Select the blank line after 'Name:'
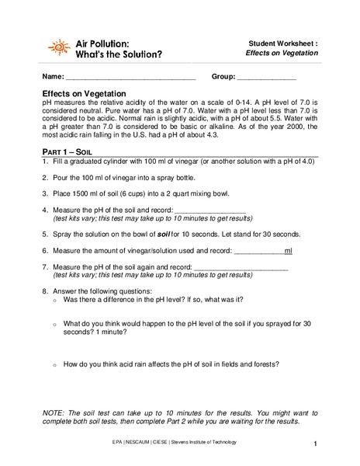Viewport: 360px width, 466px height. click(x=130, y=78)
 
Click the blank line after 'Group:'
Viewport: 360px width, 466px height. click(x=265, y=78)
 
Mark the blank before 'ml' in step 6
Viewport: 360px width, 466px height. click(x=258, y=251)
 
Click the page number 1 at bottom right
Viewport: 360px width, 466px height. click(x=317, y=444)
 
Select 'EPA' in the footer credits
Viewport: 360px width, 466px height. click(x=119, y=442)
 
